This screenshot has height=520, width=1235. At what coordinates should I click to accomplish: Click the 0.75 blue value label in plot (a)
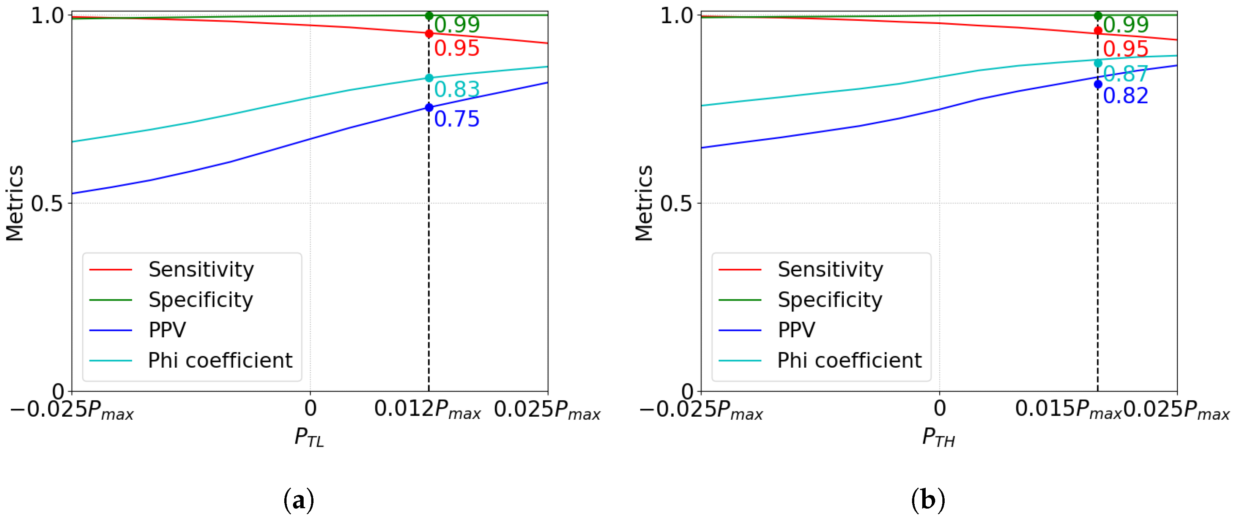[457, 119]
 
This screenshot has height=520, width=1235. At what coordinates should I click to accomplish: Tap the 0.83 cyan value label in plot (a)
[457, 89]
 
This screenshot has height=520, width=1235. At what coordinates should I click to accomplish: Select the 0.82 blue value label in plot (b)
[1125, 96]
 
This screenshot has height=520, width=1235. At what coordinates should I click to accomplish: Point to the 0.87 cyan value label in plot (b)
[1125, 74]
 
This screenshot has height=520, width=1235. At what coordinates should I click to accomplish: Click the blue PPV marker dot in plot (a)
[429, 107]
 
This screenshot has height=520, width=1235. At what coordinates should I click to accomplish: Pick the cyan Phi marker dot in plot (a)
[429, 78]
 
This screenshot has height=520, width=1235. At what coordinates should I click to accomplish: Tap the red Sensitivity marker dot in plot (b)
[1098, 31]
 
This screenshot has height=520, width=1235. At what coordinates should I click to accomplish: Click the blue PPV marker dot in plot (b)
[1098, 84]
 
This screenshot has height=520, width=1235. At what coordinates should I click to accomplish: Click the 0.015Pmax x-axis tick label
[1068, 409]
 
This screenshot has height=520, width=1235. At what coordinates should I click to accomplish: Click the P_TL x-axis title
[309, 438]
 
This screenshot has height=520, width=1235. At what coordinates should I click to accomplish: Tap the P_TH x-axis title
[938, 438]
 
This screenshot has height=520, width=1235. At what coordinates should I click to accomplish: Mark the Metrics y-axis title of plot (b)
[644, 203]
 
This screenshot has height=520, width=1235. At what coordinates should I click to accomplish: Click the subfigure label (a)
[299, 500]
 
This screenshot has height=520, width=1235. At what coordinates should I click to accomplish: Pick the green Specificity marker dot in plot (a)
[429, 16]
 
